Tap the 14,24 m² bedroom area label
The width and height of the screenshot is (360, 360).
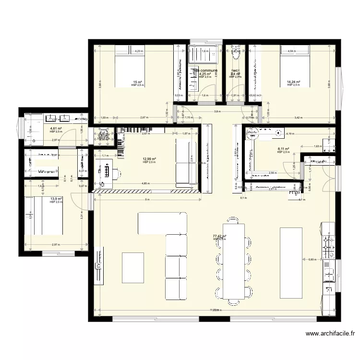(x=293, y=82)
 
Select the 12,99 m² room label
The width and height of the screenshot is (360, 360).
(x=149, y=159)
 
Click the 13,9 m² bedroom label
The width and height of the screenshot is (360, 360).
(x=56, y=199)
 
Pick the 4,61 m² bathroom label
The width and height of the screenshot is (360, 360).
(x=56, y=129)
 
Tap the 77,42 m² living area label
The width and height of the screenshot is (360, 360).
(x=219, y=236)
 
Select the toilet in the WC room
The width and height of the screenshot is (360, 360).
(x=235, y=55)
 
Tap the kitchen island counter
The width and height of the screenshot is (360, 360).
(x=291, y=263)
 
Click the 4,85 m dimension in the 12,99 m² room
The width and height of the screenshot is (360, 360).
(x=145, y=183)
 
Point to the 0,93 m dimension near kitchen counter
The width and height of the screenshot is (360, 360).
(x=312, y=259)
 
